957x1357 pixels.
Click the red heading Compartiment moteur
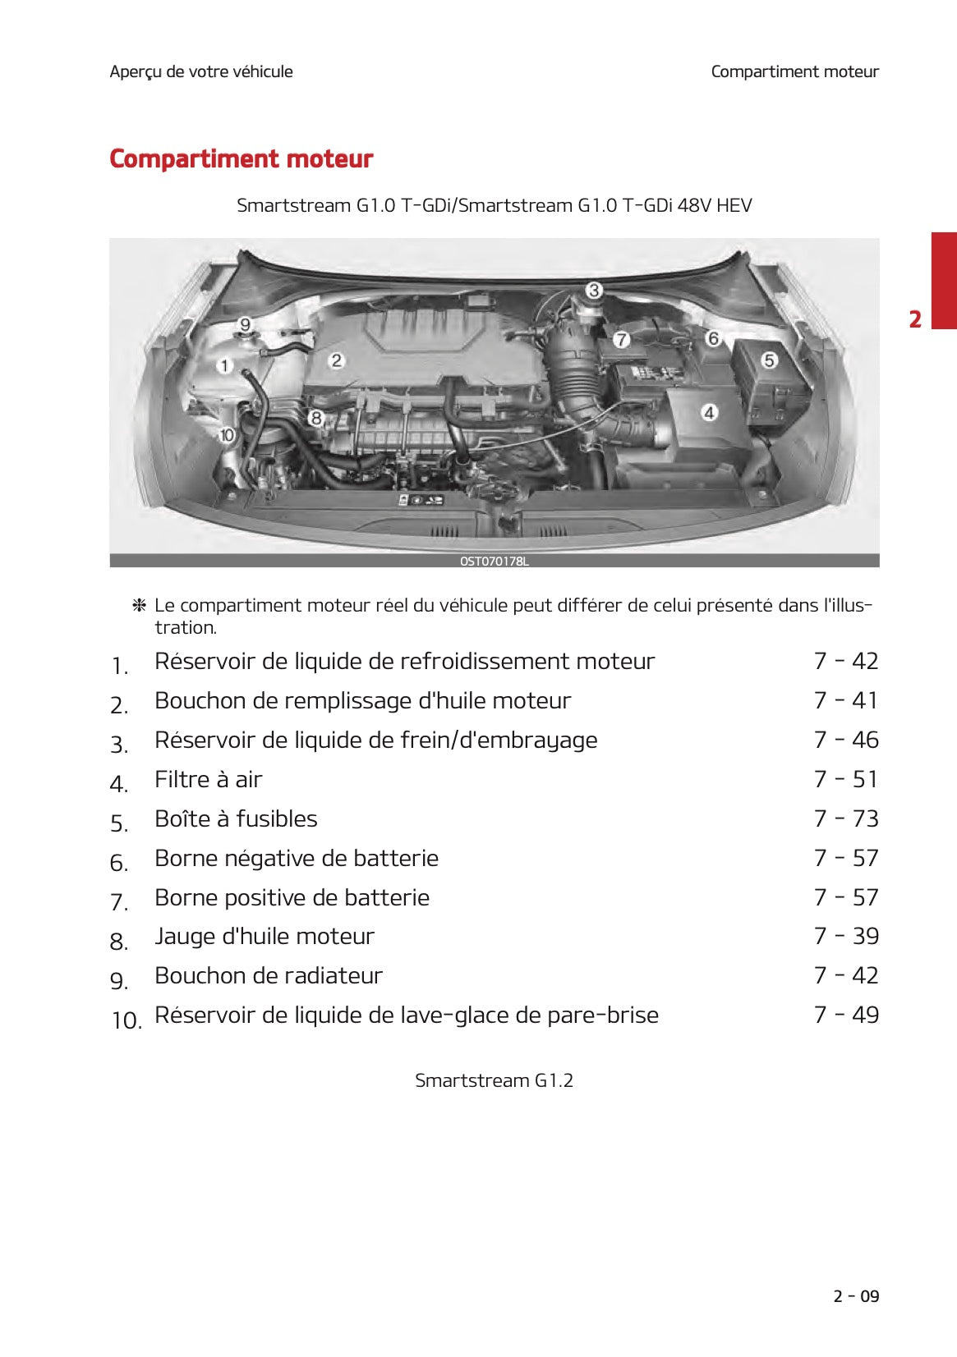click(241, 158)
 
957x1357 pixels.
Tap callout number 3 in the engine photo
click(593, 290)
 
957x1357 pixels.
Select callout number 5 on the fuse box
click(769, 360)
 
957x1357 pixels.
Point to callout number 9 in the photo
click(245, 324)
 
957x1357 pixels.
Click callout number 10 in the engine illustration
click(227, 435)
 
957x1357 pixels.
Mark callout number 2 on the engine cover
click(336, 360)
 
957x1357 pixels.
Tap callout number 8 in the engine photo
click(315, 418)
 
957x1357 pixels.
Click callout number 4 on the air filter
click(709, 412)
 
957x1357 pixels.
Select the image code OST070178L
click(494, 562)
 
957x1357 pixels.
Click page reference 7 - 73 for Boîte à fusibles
click(845, 818)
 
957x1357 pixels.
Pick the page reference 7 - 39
click(845, 936)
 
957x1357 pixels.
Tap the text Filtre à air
click(209, 779)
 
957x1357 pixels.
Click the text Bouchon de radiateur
click(269, 975)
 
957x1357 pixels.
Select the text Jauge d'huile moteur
click(265, 936)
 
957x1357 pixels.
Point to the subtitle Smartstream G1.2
click(494, 1080)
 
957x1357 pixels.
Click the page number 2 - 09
click(855, 1296)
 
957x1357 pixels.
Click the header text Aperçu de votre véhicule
click(201, 71)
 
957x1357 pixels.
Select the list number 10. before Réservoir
click(127, 1020)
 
